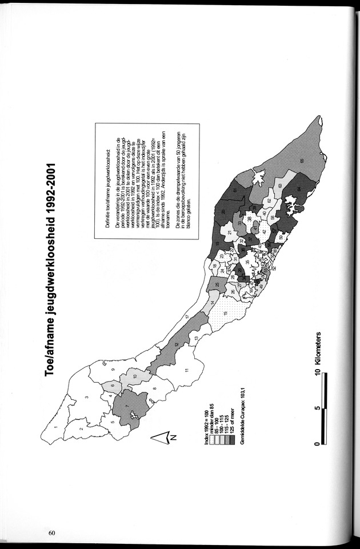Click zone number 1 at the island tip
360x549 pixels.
coord(55,427)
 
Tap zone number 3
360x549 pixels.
coord(86,397)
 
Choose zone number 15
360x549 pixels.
coord(226,313)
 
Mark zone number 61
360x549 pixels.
coord(234,189)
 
